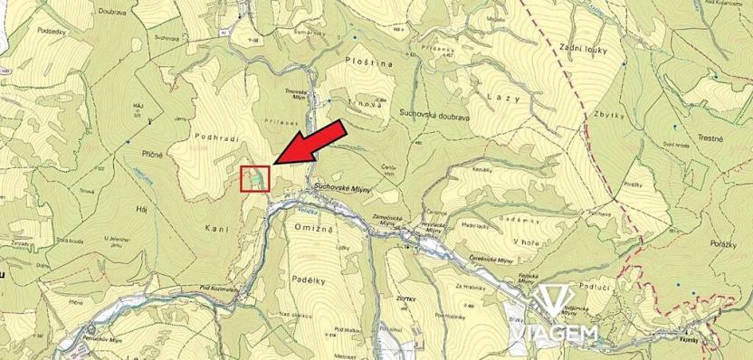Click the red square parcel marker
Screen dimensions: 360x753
254,179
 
